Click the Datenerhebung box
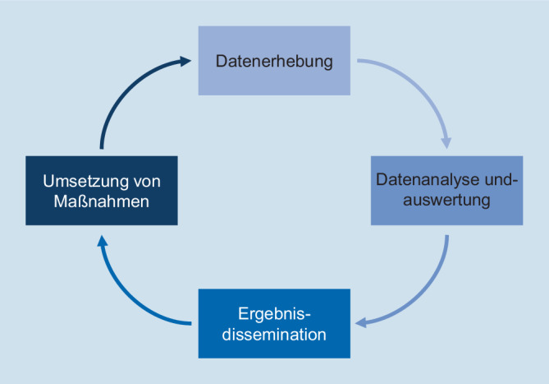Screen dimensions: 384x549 275,60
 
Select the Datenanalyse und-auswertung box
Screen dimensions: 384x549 446,190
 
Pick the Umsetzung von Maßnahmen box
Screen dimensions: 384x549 102,190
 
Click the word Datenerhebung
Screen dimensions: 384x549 274,61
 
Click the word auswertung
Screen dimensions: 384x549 446,199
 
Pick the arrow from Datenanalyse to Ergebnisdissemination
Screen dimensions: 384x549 427,289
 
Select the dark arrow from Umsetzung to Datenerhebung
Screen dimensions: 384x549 123,90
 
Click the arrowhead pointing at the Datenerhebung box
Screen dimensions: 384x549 188,61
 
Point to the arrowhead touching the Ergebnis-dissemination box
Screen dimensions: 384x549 361,322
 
